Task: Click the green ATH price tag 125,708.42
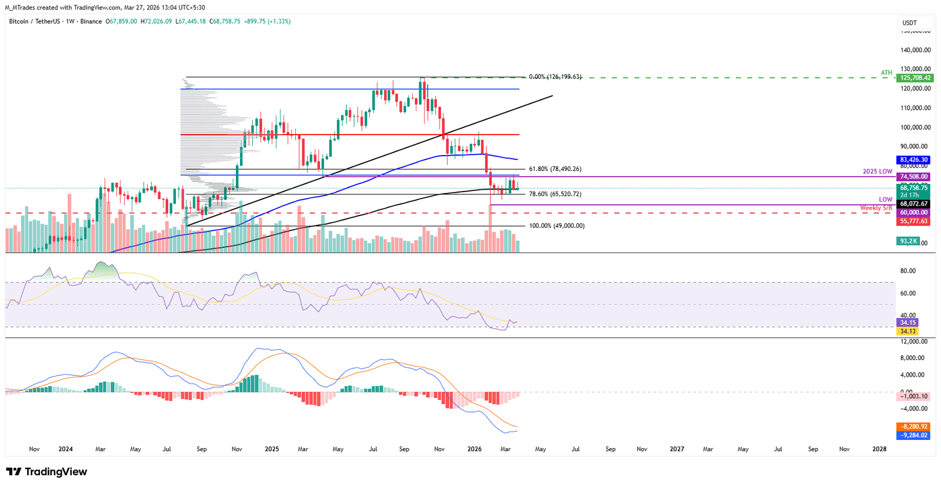pyautogui.click(x=914, y=78)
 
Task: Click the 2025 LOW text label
pyautogui.click(x=877, y=172)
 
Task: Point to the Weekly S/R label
pyautogui.click(x=876, y=208)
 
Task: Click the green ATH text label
pyautogui.click(x=886, y=73)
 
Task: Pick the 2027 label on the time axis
pyautogui.click(x=677, y=449)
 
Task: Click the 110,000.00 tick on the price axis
pyautogui.click(x=916, y=108)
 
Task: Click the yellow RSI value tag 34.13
pyautogui.click(x=907, y=331)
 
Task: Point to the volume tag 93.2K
pyautogui.click(x=907, y=241)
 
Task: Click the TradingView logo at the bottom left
pyautogui.click(x=46, y=472)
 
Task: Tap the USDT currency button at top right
pyautogui.click(x=910, y=23)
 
